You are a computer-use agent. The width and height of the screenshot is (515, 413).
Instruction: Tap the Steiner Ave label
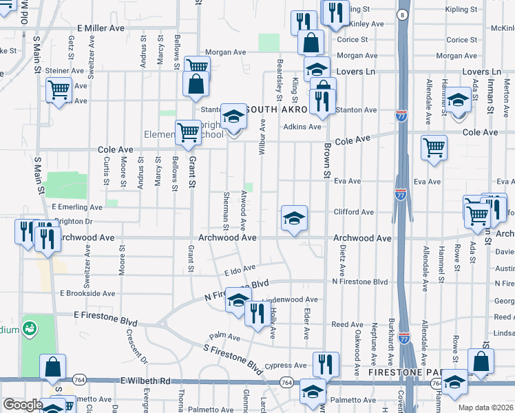65,71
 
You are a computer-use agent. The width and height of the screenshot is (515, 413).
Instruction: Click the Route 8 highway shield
401,14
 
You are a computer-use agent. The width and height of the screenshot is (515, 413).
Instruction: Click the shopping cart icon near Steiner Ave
59,89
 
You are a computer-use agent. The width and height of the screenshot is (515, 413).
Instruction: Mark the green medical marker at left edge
30,329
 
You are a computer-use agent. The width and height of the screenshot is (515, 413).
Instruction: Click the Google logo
23,405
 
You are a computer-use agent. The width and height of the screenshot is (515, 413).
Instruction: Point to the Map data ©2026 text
485,407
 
